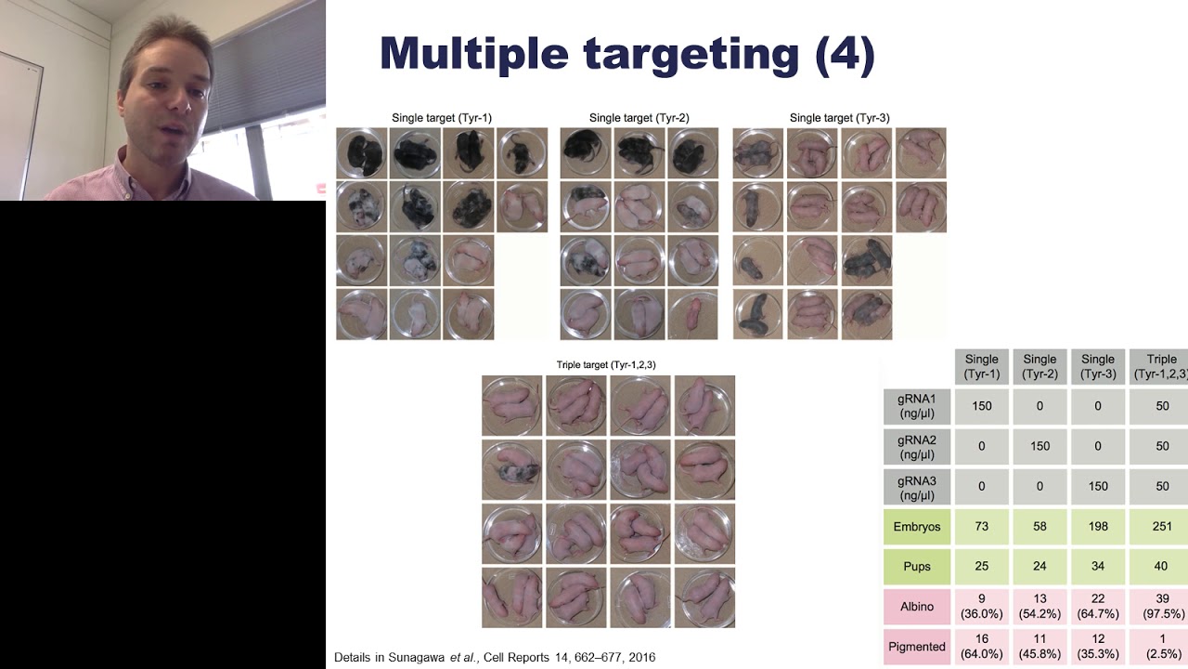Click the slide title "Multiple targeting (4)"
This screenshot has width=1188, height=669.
627,54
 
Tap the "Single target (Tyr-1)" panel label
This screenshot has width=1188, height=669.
442,118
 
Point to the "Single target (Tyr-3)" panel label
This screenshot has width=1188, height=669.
840,118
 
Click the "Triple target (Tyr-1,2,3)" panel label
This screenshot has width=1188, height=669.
606,365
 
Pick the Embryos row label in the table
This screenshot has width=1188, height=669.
917,527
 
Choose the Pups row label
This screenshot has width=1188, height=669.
917,567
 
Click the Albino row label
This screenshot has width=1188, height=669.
917,607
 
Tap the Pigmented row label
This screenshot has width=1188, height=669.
917,647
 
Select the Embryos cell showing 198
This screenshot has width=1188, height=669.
1098,527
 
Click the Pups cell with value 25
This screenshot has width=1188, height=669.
982,567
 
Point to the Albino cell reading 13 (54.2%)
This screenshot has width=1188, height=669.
1039,607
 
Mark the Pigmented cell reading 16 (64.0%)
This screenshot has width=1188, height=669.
982,647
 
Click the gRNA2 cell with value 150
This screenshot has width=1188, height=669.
1039,446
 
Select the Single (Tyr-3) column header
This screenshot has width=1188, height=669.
1098,366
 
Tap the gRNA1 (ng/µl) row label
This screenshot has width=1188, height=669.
917,406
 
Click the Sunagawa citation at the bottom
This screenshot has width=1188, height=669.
495,658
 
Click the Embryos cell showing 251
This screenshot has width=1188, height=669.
1160,527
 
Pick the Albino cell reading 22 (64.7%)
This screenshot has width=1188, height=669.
1098,607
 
